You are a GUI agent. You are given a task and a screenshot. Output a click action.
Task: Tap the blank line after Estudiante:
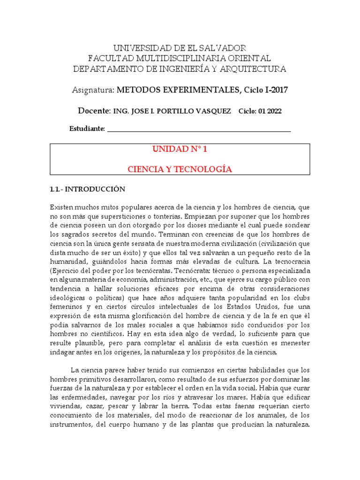tap(199, 129)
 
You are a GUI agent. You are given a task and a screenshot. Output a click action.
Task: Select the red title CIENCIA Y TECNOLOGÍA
tap(180, 169)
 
